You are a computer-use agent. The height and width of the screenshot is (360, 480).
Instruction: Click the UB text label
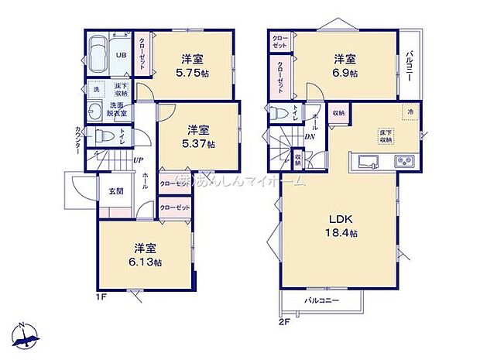point(122,55)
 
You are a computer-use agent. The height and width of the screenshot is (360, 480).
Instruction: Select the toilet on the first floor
point(104,138)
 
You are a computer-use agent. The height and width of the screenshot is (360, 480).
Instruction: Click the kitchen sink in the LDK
point(365,162)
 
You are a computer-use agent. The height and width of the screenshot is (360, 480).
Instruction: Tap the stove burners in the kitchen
point(405,162)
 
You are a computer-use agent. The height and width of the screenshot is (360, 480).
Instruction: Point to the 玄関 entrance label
point(115,190)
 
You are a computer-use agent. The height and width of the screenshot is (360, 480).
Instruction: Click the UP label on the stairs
point(136,160)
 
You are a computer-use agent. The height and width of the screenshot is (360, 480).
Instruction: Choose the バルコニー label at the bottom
point(321,299)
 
